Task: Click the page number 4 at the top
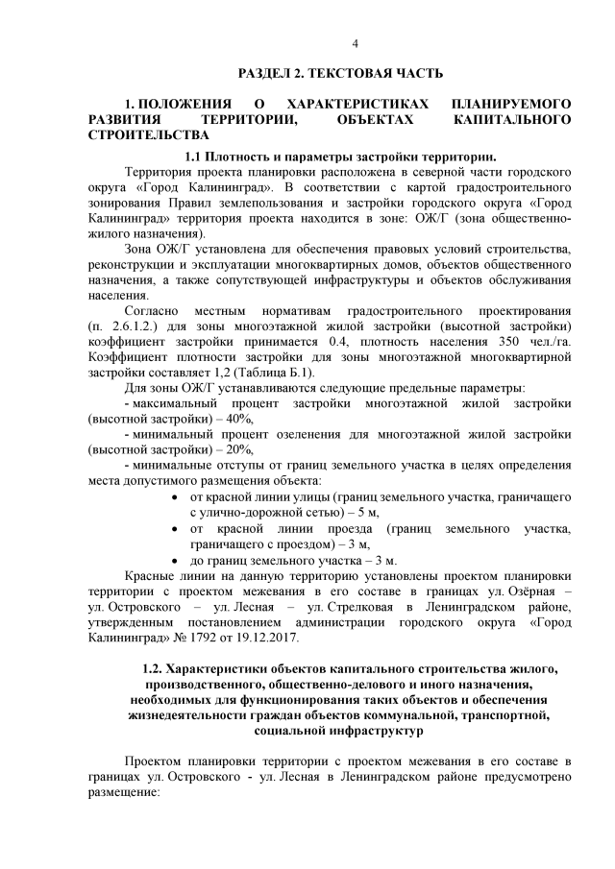click(x=355, y=44)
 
